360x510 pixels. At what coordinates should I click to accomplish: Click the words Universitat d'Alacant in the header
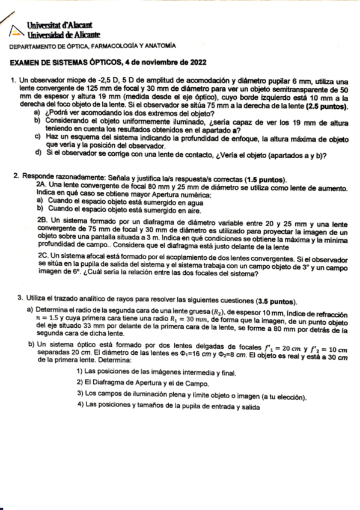coord(59,26)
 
